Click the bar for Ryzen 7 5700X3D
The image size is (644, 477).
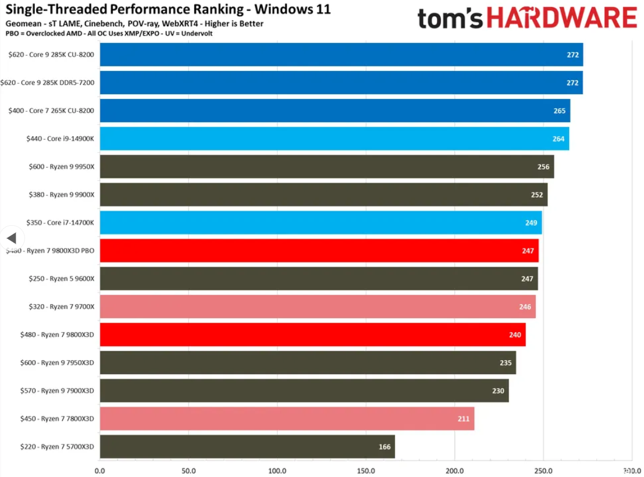tap(247, 447)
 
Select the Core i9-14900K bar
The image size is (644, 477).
tap(335, 138)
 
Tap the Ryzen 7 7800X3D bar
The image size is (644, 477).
tap(287, 419)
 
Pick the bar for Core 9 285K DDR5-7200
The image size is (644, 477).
tap(341, 83)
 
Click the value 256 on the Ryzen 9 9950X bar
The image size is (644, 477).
tap(543, 167)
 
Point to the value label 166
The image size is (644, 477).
tap(385, 447)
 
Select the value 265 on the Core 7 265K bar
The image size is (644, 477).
tap(560, 111)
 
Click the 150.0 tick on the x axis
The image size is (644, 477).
tap(366, 470)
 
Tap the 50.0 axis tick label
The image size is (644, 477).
tap(188, 470)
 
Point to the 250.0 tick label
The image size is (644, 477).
tap(543, 470)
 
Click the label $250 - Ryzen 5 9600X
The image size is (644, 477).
tap(62, 279)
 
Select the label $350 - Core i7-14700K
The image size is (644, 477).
tap(61, 223)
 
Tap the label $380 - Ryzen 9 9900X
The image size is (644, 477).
tap(62, 195)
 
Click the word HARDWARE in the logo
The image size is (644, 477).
tap(561, 18)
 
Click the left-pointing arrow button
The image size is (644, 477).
tap(11, 238)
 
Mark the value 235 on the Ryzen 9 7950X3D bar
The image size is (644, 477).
tap(506, 363)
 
